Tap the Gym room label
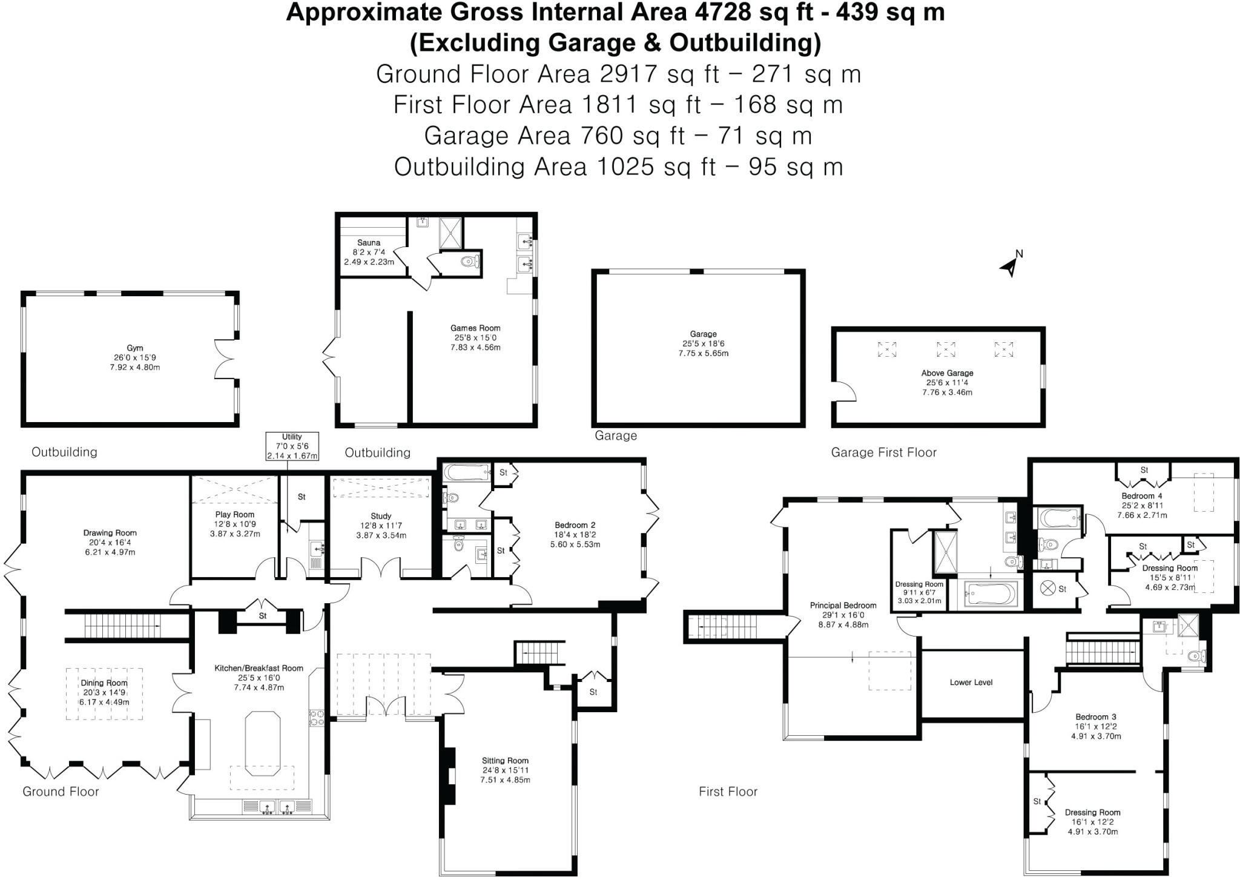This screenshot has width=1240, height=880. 134,348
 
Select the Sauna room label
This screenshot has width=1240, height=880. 369,243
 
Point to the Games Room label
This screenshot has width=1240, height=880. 475,328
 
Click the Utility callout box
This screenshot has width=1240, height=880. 292,446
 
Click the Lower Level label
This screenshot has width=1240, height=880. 971,682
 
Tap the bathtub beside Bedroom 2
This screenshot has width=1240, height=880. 466,472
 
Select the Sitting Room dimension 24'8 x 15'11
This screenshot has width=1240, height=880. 505,770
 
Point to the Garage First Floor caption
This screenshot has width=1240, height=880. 883,452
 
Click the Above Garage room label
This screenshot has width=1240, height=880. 947,373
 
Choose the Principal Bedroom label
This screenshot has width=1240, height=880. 843,605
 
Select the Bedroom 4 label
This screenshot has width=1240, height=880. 1142,496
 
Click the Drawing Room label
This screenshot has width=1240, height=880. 110,533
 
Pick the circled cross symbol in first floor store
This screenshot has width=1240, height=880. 1047,587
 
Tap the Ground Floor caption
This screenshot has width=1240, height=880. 61,792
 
